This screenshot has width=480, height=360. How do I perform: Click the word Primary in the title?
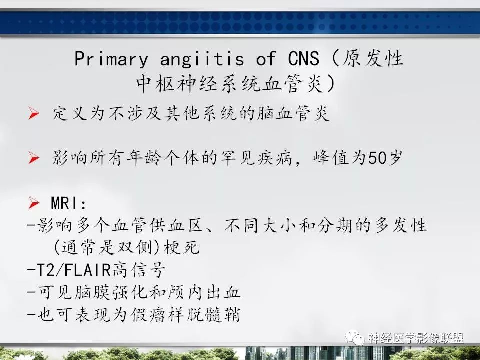coord(111,59)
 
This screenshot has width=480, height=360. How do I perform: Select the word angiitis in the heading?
coord(202,59)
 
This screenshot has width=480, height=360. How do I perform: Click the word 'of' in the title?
coord(265,59)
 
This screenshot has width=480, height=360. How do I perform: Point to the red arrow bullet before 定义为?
coord(34,114)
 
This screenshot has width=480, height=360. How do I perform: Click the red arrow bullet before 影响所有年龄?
coord(34,158)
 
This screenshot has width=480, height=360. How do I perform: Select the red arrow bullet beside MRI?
coord(34,203)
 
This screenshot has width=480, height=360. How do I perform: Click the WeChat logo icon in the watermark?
coord(359,338)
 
